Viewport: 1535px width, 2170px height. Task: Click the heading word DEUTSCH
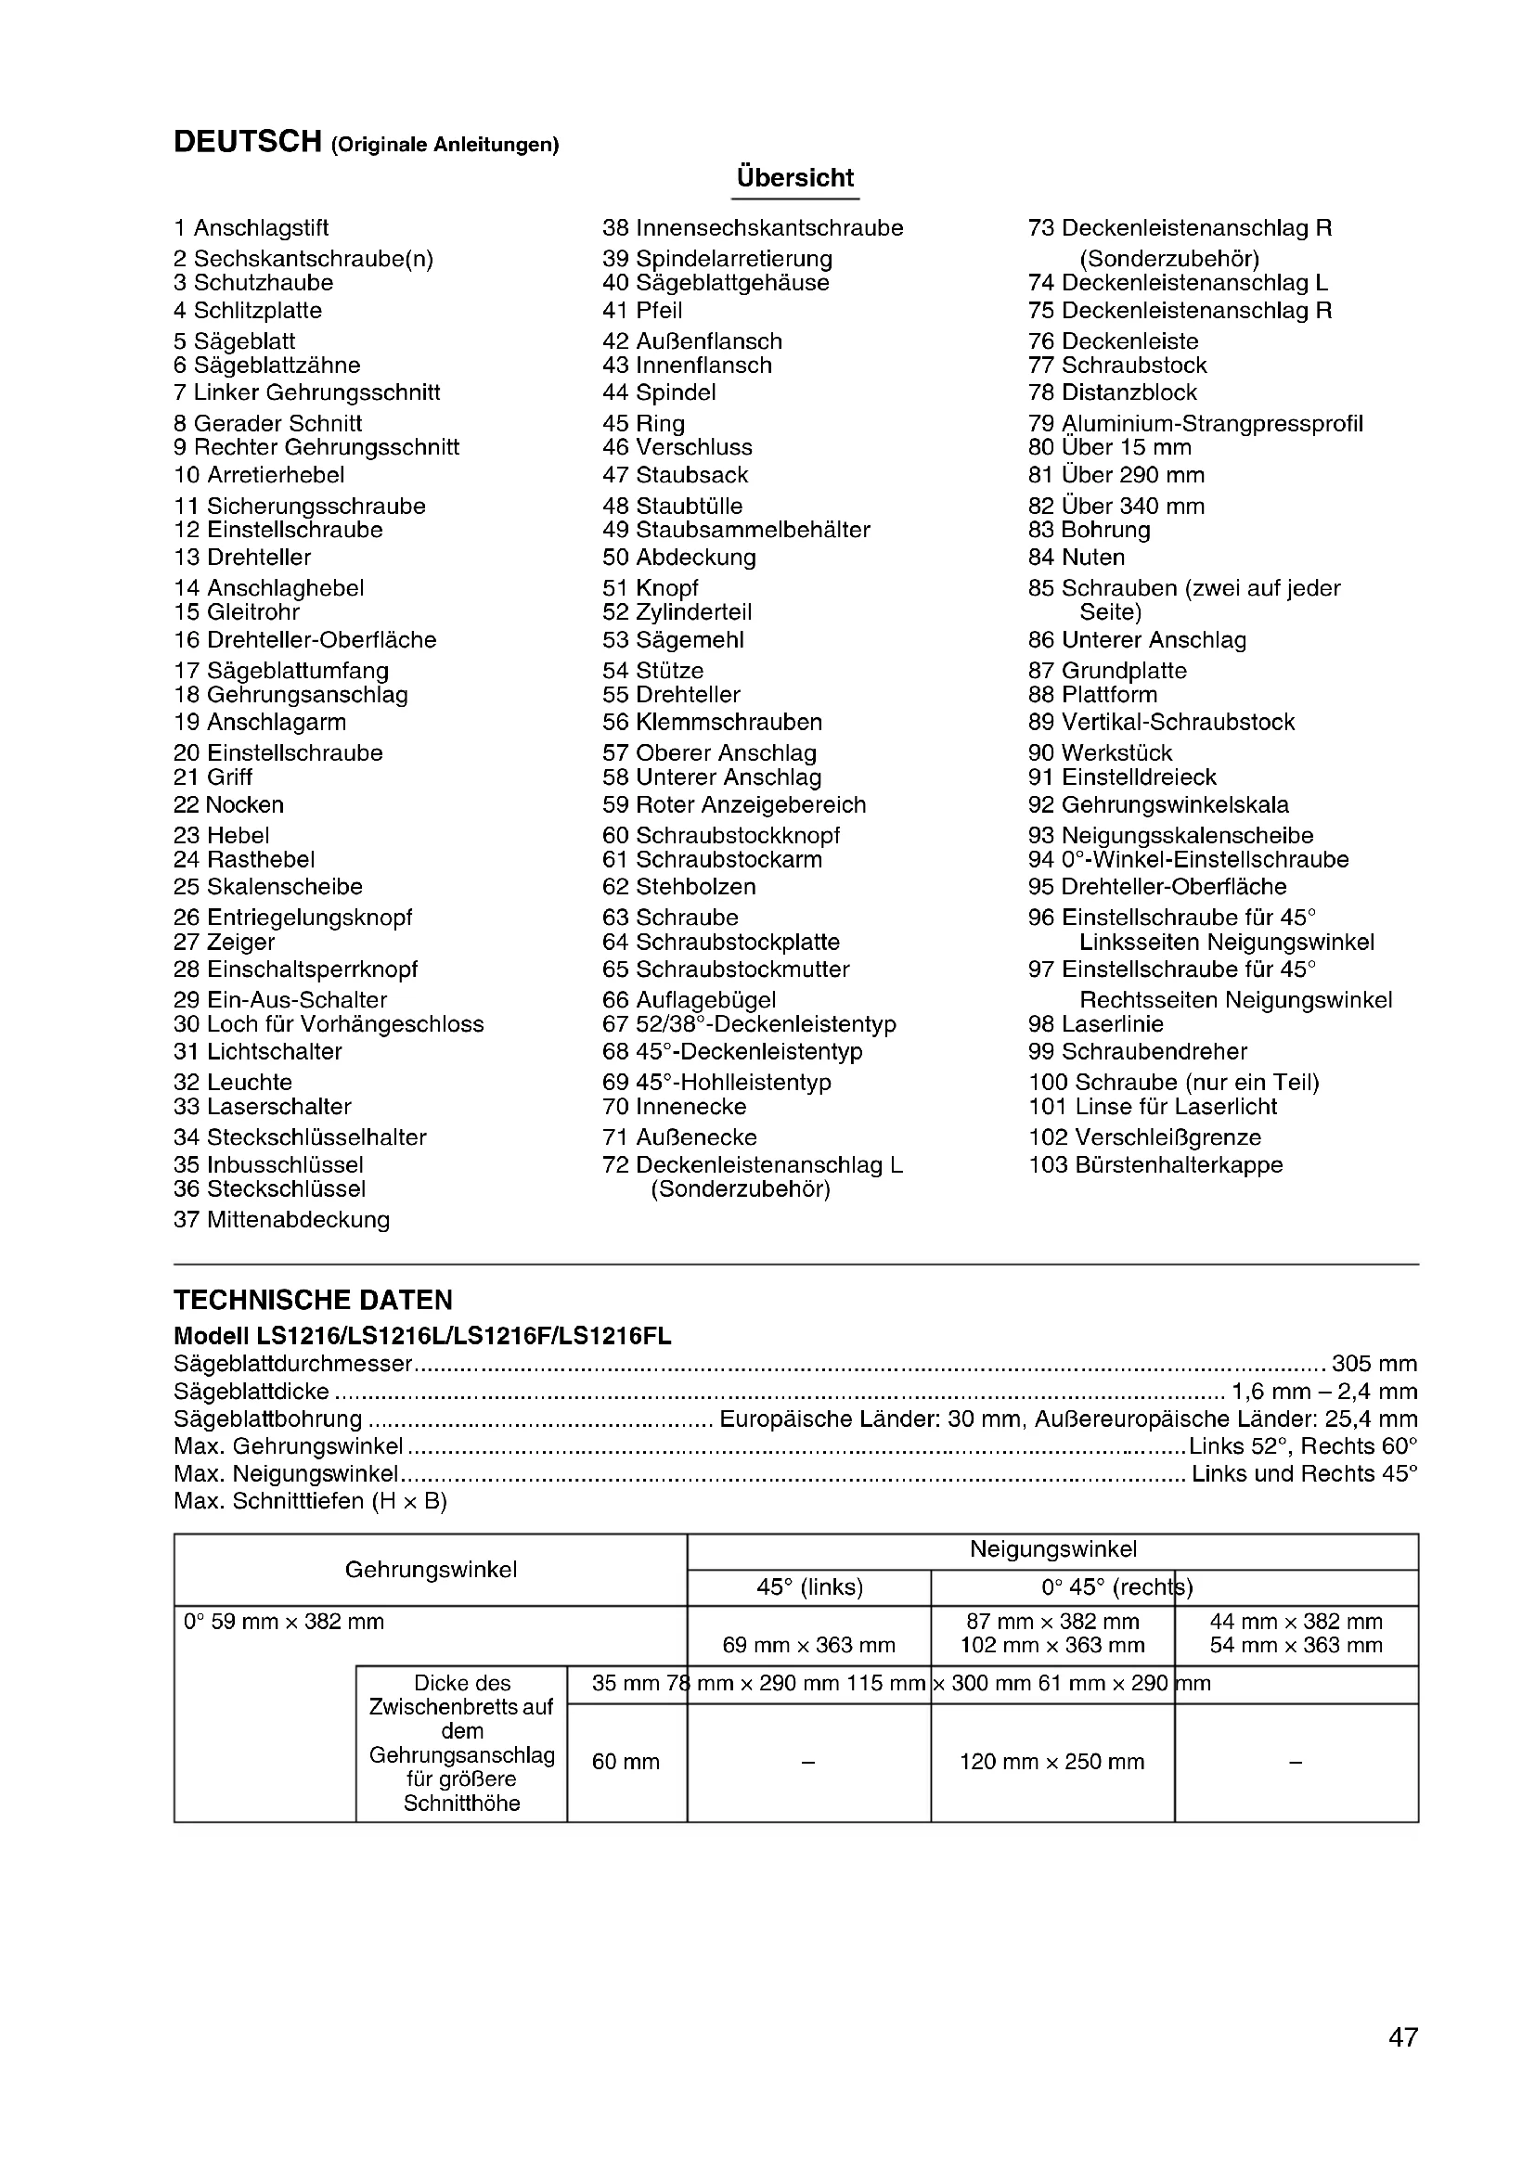pyautogui.click(x=248, y=143)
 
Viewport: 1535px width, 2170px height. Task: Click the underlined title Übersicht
pyautogui.click(x=795, y=178)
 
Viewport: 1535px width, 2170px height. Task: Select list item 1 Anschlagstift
pyautogui.click(x=252, y=228)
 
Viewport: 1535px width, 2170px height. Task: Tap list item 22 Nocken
pyautogui.click(x=228, y=804)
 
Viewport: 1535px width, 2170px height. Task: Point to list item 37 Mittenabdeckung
pyautogui.click(x=282, y=1219)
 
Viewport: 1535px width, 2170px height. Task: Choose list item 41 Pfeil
pyautogui.click(x=642, y=310)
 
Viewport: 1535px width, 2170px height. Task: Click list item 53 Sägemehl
pyautogui.click(x=673, y=640)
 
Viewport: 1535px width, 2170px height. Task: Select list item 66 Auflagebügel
pyautogui.click(x=689, y=999)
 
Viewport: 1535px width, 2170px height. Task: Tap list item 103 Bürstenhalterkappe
pyautogui.click(x=1155, y=1164)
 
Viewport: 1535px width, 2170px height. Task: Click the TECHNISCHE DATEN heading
pyautogui.click(x=313, y=1301)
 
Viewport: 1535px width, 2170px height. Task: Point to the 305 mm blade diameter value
pyautogui.click(x=1374, y=1364)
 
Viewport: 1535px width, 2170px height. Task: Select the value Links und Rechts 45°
pyautogui.click(x=1304, y=1473)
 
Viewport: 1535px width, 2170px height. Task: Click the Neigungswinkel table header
pyautogui.click(x=1053, y=1549)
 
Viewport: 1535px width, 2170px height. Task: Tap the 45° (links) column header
pyautogui.click(x=810, y=1586)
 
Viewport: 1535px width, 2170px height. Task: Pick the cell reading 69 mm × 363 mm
pyautogui.click(x=809, y=1645)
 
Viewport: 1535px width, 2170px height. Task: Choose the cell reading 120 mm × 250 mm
pyautogui.click(x=1052, y=1762)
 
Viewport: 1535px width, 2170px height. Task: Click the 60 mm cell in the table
pyautogui.click(x=626, y=1762)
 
